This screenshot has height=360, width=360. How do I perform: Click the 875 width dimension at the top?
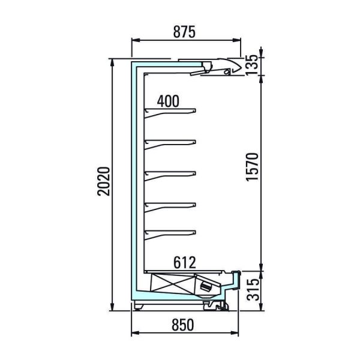point(184,32)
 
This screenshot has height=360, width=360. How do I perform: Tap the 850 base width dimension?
point(183,325)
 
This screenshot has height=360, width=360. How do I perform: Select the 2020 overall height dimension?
point(104,181)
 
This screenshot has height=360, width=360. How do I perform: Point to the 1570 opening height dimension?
point(252,167)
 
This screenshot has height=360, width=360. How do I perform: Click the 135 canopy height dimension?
point(252,65)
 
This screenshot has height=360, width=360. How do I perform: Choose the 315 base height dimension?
point(253,290)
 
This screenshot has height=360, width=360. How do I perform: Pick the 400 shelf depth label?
point(168,101)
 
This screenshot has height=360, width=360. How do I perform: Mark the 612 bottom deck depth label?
point(185,262)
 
